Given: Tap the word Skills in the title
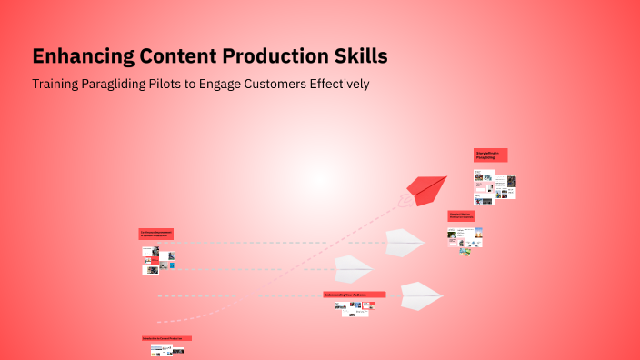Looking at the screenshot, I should [x=361, y=56].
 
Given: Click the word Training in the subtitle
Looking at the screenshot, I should [x=56, y=84].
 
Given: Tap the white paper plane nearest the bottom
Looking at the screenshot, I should [x=420, y=295].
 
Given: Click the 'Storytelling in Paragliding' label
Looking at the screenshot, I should [x=490, y=155].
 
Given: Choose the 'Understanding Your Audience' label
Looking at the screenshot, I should [x=354, y=295].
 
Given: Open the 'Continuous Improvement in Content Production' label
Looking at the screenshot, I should [x=155, y=234].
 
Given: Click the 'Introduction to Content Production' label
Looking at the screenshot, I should [x=166, y=338].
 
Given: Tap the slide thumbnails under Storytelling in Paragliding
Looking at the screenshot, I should [x=495, y=186].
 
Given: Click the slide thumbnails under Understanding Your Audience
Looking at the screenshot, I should [x=355, y=308].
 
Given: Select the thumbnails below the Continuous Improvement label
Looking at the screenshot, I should [x=156, y=261].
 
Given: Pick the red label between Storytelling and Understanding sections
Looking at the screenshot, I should [x=461, y=216].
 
